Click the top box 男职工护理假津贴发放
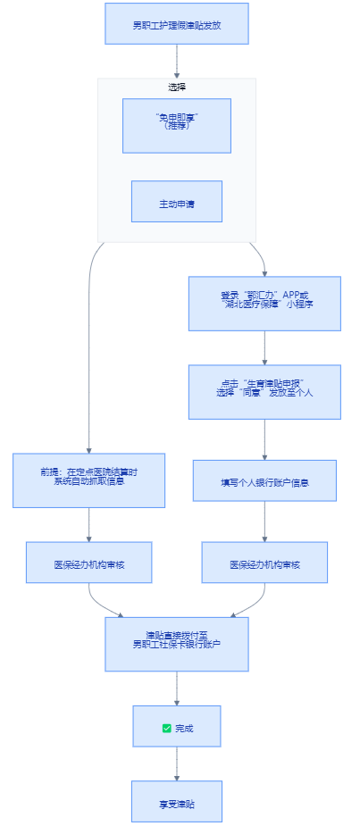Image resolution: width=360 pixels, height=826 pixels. tap(177, 24)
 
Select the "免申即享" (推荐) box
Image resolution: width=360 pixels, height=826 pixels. tap(177, 125)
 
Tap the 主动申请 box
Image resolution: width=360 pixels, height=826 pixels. tap(177, 201)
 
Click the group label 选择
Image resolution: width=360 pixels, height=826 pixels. tap(177, 87)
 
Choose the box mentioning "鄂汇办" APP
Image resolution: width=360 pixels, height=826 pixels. tap(264, 304)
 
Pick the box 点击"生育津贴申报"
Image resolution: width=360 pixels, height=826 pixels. tap(264, 392)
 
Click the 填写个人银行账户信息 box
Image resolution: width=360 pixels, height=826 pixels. tap(264, 480)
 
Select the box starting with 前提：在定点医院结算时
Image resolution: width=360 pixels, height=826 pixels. tap(89, 480)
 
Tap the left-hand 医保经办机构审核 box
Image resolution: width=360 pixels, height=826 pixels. tap(89, 563)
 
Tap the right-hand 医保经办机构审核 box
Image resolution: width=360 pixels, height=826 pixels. tap(264, 563)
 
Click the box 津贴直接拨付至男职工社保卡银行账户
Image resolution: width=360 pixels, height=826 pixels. tap(177, 644)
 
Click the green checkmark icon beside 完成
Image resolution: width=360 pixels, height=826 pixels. tap(166, 729)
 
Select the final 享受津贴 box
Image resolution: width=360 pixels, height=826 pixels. tap(177, 801)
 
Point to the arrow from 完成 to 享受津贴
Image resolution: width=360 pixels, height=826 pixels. tap(177, 763)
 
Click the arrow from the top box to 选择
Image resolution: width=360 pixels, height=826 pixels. tap(177, 62)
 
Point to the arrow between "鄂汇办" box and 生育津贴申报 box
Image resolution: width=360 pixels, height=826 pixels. tap(264, 347)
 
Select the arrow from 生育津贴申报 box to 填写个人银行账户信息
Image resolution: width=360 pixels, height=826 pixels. tap(264, 440)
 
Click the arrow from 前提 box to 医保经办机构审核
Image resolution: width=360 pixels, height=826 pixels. tap(89, 525)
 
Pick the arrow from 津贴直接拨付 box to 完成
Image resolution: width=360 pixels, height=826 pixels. tap(177, 688)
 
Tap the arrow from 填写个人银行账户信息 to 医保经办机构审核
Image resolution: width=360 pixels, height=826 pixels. tap(264, 521)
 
